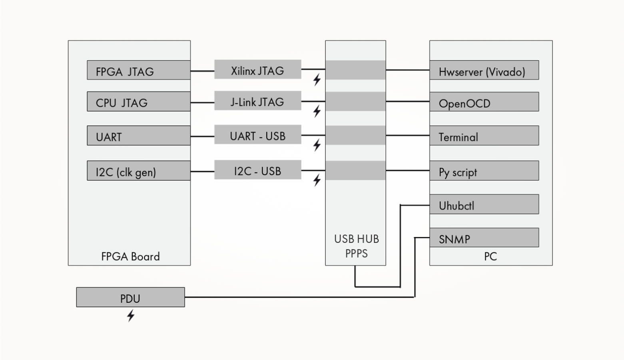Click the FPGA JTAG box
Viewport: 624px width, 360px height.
coord(138,70)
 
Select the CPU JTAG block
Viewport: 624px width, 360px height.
coord(138,102)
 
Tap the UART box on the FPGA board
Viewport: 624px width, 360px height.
coord(138,136)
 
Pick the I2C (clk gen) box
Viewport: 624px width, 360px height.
coord(138,171)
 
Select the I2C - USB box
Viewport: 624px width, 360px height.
coord(257,170)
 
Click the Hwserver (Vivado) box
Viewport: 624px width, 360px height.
coord(484,70)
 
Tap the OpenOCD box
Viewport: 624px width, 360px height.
coord(484,102)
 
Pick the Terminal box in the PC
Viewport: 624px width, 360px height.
coord(484,136)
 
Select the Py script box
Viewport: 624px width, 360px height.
coord(484,171)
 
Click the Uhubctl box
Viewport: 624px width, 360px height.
coord(484,204)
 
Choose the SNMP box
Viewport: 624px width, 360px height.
coord(484,238)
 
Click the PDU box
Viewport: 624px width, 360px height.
coord(130,297)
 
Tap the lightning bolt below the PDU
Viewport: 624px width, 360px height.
coord(131,316)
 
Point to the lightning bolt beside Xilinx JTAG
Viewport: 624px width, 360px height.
coord(317,80)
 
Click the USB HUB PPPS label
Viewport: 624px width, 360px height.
coord(356,246)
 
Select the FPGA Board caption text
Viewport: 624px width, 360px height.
coord(130,256)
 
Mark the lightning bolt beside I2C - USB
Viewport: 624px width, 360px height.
coord(317,180)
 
